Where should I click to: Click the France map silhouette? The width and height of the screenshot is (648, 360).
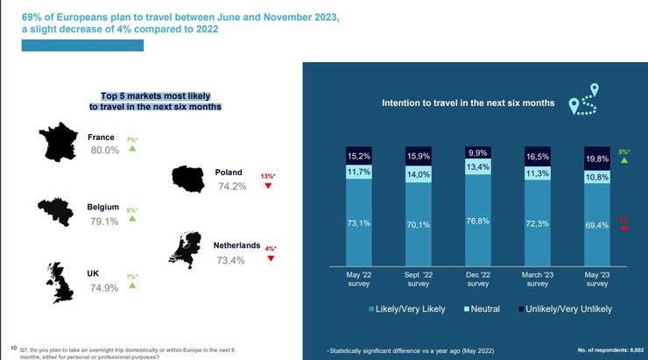(60, 142)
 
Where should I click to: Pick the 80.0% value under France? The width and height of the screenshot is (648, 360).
(104, 150)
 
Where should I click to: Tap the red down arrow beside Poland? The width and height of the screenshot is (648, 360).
(268, 186)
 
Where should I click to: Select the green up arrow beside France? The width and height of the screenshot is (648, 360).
(132, 149)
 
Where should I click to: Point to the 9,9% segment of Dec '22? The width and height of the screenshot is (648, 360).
(478, 152)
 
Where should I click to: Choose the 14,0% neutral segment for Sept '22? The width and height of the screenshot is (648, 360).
(419, 174)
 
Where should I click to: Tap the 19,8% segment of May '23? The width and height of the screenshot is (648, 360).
(597, 159)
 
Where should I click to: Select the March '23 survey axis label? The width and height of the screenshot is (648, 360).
(538, 279)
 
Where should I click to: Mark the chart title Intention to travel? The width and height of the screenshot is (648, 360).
(468, 102)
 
